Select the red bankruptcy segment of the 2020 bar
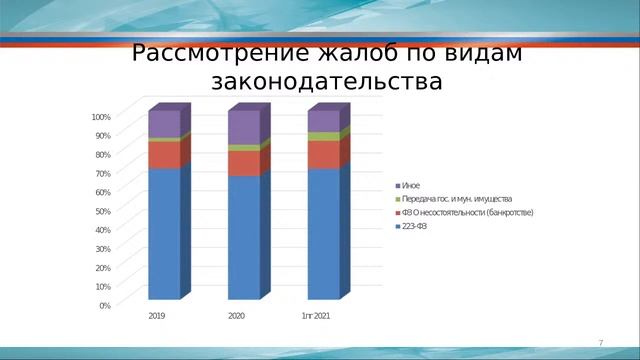point(243,163)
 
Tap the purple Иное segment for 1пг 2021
point(322,121)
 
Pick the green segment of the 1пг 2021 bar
point(322,137)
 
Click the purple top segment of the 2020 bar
point(243,127)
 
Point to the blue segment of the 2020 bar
point(243,237)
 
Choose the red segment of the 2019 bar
point(164,155)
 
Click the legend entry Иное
point(411,186)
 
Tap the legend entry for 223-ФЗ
point(414,226)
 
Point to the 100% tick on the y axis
point(101,117)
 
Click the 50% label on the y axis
point(103,211)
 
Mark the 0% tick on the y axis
point(105,305)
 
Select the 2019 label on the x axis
point(157,316)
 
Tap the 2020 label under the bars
point(237,316)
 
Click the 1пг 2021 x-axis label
point(316,316)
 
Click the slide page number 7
point(601,343)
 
